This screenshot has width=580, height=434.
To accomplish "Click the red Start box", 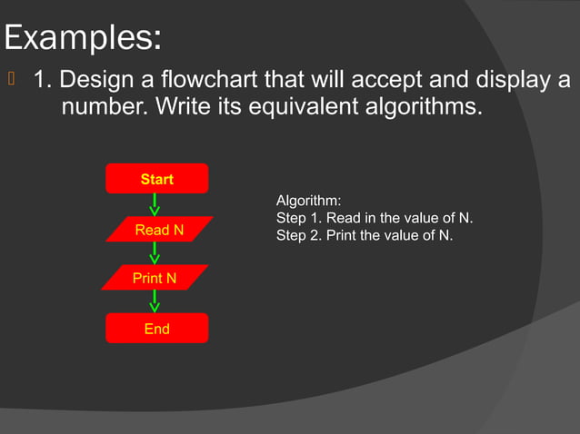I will (x=156, y=179).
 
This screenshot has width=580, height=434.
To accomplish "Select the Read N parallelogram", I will (x=159, y=231).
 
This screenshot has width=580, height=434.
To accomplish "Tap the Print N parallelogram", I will (x=155, y=278).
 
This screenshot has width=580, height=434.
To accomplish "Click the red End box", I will (x=156, y=329).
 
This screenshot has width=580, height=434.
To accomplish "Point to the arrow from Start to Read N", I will (x=155, y=204).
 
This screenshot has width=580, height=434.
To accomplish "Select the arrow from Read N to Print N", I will (x=155, y=253).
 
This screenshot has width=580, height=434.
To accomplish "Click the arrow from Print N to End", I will (x=155, y=301).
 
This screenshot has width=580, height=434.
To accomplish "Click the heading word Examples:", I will (x=84, y=39).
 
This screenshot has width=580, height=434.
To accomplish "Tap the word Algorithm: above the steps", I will (x=308, y=201).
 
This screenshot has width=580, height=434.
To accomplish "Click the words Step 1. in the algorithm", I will (x=298, y=219).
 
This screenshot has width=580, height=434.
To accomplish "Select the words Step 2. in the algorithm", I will (x=298, y=236).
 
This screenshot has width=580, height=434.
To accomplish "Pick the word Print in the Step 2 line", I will (x=341, y=236).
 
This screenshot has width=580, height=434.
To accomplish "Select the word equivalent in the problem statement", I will (x=285, y=107).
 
